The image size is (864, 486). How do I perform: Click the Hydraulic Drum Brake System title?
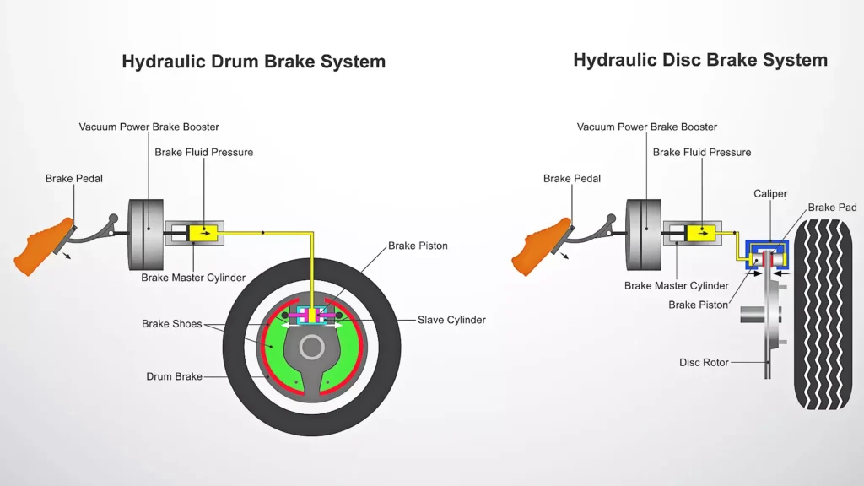[x=253, y=62]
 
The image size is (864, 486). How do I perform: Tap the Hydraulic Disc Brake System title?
[x=699, y=60]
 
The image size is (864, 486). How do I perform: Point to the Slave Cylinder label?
[x=451, y=321]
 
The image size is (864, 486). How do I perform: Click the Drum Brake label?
[x=174, y=376]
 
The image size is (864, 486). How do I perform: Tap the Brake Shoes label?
[x=171, y=324]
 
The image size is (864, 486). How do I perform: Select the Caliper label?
[x=769, y=194]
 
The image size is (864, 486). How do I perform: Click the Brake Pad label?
[x=833, y=208]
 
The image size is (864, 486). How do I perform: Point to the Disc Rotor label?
[x=703, y=363]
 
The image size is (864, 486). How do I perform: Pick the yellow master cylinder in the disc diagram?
[x=701, y=232]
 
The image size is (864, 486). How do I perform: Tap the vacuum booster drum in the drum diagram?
[x=145, y=232]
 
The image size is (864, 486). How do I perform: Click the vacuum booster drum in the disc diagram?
[x=643, y=232]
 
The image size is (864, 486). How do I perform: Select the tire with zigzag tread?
[x=823, y=314]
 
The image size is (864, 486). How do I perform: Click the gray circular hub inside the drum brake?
[x=312, y=348]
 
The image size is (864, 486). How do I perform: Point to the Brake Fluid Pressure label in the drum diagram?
[x=203, y=153]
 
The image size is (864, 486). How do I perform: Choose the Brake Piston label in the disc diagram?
[x=698, y=305]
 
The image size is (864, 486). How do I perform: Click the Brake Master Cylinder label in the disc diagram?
[x=676, y=286]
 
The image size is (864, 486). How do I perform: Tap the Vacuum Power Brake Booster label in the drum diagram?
[x=148, y=127]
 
